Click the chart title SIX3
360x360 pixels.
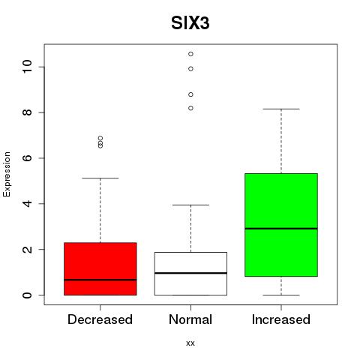pyautogui.click(x=190, y=23)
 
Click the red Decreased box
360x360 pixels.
pyautogui.click(x=100, y=268)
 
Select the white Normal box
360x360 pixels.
pyautogui.click(x=190, y=274)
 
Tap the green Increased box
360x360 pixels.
pyautogui.click(x=281, y=225)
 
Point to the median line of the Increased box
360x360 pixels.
pyautogui.click(x=281, y=229)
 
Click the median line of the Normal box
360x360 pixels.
pyautogui.click(x=190, y=273)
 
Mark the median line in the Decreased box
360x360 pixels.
pyautogui.click(x=100, y=280)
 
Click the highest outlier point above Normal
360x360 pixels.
pyautogui.click(x=190, y=54)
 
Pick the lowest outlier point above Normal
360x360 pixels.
pyautogui.click(x=190, y=108)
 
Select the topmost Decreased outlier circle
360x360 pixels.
pyautogui.click(x=100, y=138)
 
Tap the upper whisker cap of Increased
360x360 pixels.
pyautogui.click(x=281, y=109)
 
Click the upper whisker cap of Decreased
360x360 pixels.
pyautogui.click(x=100, y=178)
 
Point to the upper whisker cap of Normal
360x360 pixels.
pyautogui.click(x=190, y=205)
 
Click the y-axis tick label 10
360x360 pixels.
pyautogui.click(x=28, y=67)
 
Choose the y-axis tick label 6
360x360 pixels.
pyautogui.click(x=28, y=158)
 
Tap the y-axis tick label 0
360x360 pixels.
pyautogui.click(x=28, y=295)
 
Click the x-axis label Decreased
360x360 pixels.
pyautogui.click(x=100, y=319)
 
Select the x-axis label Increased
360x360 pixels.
pyautogui.click(x=281, y=319)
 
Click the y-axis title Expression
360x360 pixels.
pyautogui.click(x=7, y=174)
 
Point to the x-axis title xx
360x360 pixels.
pyautogui.click(x=190, y=343)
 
